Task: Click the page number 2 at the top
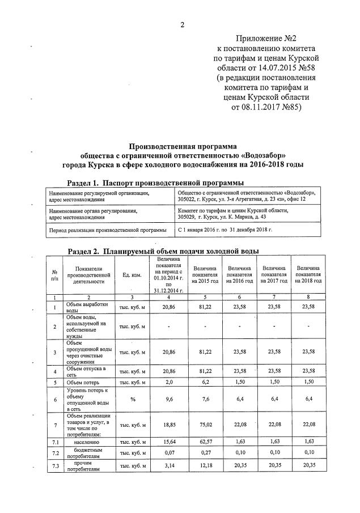click(x=183, y=24)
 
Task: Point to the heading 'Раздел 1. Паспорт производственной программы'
click(x=155, y=183)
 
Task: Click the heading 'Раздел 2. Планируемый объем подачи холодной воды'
click(x=163, y=251)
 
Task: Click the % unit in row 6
click(x=132, y=399)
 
